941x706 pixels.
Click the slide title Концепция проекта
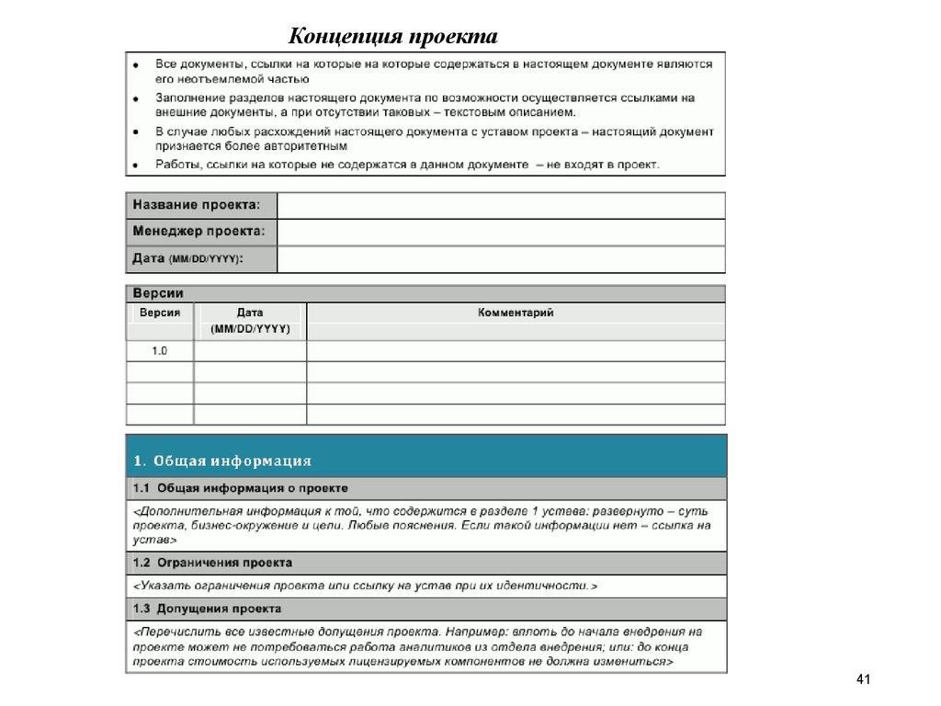click(x=393, y=36)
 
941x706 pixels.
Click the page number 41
click(x=862, y=680)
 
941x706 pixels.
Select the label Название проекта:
click(x=196, y=205)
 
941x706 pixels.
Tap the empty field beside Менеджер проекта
click(x=501, y=232)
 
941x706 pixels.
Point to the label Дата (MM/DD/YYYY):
click(x=188, y=259)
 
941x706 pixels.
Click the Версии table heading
click(x=158, y=293)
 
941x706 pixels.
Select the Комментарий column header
click(x=516, y=313)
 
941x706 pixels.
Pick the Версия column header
click(x=160, y=313)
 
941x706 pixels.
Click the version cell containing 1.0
click(x=160, y=350)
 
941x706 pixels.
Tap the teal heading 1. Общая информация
click(x=222, y=461)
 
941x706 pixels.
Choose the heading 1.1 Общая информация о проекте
click(x=240, y=488)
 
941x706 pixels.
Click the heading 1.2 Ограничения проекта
click(x=212, y=562)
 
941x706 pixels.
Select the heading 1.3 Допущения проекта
click(x=207, y=609)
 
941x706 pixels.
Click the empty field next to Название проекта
click(x=501, y=205)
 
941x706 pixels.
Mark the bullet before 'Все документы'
click(x=136, y=65)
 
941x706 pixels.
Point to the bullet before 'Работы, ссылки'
click(x=136, y=165)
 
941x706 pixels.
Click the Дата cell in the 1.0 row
click(x=250, y=350)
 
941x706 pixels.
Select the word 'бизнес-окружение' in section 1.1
click(x=230, y=527)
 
